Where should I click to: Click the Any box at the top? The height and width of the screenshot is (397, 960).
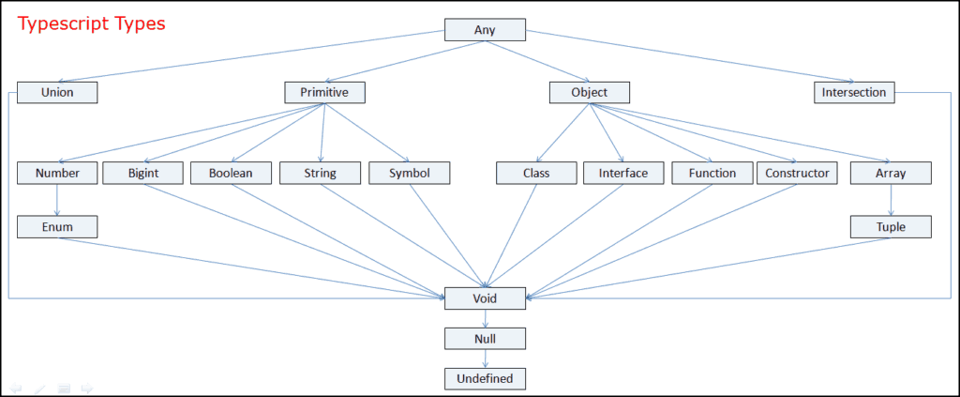(485, 29)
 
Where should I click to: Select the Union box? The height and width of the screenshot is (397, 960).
(57, 92)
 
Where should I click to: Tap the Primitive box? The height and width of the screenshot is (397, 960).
(324, 92)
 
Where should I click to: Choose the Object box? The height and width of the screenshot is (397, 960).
(589, 92)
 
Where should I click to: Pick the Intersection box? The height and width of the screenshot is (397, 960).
(853, 92)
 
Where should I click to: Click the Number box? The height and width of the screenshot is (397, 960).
(57, 173)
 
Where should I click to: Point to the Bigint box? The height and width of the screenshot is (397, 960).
(142, 173)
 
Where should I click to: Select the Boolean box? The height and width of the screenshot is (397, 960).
(232, 173)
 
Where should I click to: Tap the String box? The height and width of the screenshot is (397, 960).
(320, 173)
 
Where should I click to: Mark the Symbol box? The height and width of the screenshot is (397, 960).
(409, 173)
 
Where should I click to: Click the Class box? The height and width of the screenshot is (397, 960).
(536, 173)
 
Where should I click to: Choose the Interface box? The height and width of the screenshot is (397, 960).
(623, 173)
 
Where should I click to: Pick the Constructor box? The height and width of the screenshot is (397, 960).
(797, 173)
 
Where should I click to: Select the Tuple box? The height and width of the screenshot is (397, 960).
(891, 226)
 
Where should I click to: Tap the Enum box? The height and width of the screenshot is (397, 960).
(57, 226)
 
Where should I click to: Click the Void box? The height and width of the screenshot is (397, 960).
(485, 298)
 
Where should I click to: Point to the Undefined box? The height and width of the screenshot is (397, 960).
(485, 378)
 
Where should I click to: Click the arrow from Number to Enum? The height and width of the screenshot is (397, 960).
(57, 199)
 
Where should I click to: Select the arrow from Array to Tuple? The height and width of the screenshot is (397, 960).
(891, 199)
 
